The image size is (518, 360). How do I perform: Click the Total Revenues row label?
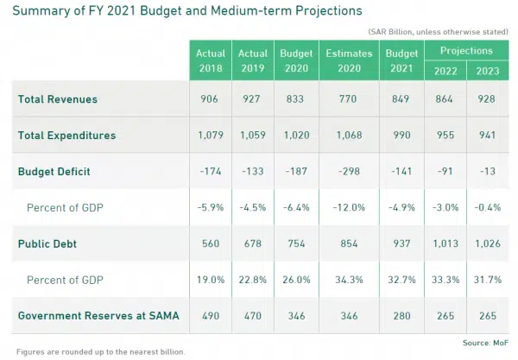[x=58, y=100]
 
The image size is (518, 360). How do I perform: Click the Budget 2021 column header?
[x=401, y=60]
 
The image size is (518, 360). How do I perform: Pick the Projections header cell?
[x=467, y=51]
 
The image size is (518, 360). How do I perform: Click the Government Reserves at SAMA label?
[x=98, y=317]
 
